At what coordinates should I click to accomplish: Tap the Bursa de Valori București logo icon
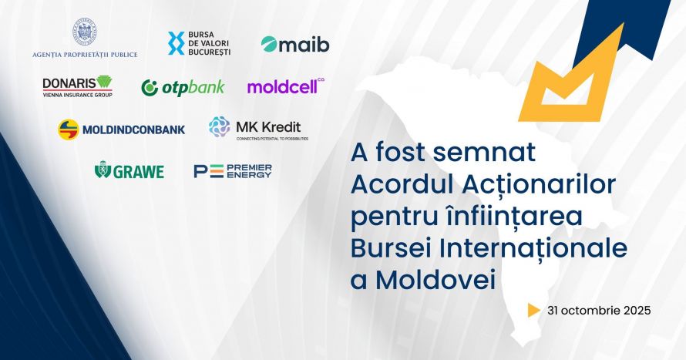coord(175,43)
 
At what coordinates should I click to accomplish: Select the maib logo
coord(294,44)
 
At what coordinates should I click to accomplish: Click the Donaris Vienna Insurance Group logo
coord(77,86)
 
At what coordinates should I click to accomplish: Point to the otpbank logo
coord(183,87)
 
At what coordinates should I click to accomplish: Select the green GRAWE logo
coord(129,170)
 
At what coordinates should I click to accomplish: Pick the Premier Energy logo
coord(232,170)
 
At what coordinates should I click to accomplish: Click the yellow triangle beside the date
coord(533,311)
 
